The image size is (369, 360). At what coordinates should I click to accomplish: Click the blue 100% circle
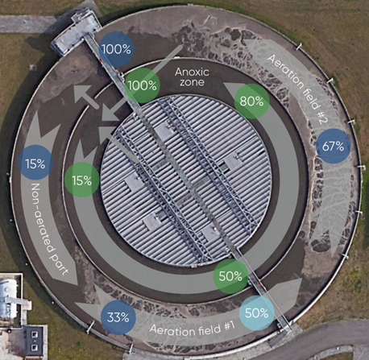click(x=116, y=49)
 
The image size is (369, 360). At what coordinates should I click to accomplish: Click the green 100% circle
click(x=143, y=85)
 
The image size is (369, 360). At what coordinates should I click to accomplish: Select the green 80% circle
click(x=251, y=101)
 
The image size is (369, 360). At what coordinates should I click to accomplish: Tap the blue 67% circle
click(x=334, y=147)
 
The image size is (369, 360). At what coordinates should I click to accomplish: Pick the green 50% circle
click(x=230, y=276)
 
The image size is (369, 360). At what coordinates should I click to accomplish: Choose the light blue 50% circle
click(x=257, y=313)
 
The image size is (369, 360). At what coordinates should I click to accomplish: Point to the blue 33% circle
click(x=118, y=317)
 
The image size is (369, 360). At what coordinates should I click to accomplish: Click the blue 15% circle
click(x=35, y=163)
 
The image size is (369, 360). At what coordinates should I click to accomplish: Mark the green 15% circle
click(x=82, y=180)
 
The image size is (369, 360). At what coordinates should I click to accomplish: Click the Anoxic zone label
click(x=192, y=77)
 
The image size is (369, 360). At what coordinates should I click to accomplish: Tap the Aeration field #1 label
click(x=193, y=329)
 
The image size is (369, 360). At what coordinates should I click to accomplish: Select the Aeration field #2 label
click(x=297, y=89)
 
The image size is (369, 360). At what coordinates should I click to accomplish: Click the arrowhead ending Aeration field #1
click(x=289, y=291)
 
